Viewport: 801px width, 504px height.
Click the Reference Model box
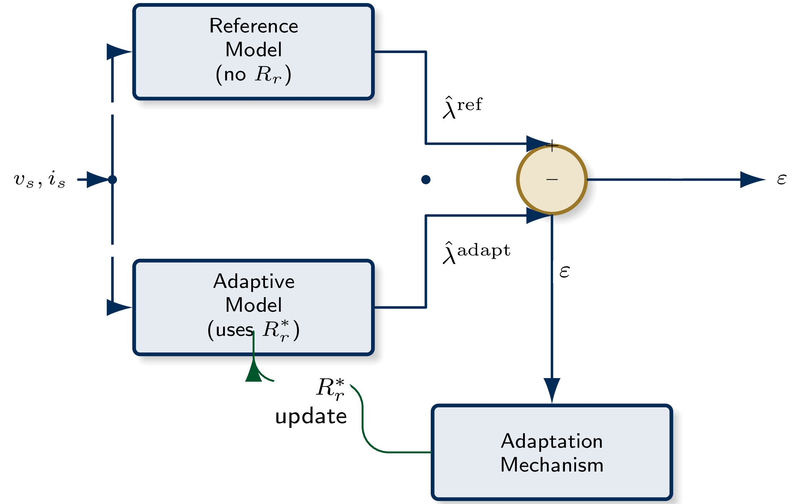(253, 52)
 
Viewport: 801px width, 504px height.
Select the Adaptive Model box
(253, 307)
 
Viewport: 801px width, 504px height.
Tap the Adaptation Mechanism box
(552, 452)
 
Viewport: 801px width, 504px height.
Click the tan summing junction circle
(552, 179)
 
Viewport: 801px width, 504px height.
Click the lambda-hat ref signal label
(462, 107)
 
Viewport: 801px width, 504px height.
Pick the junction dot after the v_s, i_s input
(113, 179)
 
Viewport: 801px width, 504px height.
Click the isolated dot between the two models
(426, 179)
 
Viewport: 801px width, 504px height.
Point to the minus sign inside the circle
(552, 179)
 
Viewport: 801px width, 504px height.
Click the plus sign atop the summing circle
(552, 146)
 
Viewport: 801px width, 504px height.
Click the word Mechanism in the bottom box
(552, 465)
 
